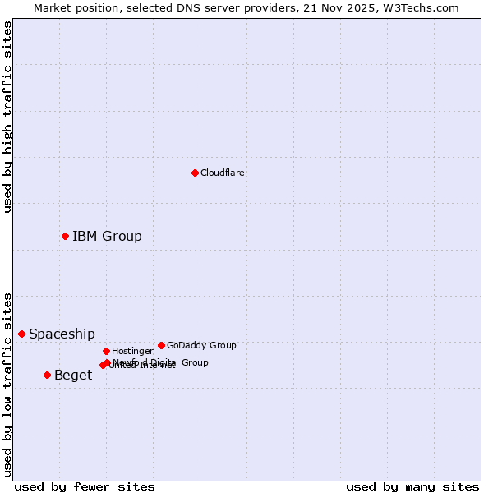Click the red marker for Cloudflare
[x=195, y=173]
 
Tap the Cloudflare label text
[x=223, y=173]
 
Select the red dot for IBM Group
[x=65, y=236]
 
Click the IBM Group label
[x=107, y=237]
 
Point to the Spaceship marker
[x=21, y=334]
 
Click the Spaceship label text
[x=62, y=334]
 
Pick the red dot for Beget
[x=47, y=375]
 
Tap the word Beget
[x=73, y=376]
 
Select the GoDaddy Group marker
[x=161, y=345]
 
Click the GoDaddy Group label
[x=201, y=346]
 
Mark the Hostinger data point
[x=106, y=351]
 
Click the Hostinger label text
[x=132, y=352]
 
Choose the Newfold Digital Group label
[x=161, y=362]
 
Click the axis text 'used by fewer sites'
[x=85, y=487]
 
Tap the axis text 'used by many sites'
[x=412, y=487]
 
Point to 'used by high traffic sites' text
[x=7, y=117]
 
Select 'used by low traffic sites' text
[x=7, y=385]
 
